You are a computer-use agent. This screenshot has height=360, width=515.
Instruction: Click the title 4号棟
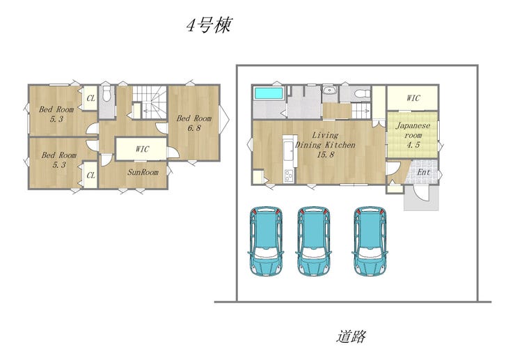pos(209,25)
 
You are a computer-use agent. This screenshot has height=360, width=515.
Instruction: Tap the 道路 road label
pos(351,336)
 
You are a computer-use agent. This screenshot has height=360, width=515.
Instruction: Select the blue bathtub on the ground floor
pos(269,93)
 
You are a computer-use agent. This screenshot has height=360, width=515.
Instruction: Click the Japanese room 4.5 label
pos(413,135)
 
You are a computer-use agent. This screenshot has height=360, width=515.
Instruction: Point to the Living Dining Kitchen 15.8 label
pos(325,145)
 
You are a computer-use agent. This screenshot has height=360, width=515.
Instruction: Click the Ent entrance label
pos(423,172)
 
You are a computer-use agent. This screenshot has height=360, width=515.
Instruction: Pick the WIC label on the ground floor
pos(413,98)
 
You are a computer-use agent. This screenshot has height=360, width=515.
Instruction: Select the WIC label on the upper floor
pos(142,149)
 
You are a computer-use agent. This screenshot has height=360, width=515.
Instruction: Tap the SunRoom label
pos(143,172)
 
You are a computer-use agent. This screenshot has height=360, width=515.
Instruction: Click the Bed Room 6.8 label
pos(193,123)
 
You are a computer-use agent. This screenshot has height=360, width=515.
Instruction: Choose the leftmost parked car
pos(266,241)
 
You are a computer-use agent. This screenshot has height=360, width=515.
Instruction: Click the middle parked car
pos(314,241)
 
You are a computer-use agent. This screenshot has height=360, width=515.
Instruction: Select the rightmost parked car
pos(370,241)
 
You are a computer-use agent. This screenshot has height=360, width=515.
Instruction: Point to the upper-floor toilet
pos(106,94)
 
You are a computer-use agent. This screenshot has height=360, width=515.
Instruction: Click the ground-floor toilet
pos(362,93)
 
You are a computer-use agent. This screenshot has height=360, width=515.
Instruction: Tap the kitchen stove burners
pos(289,176)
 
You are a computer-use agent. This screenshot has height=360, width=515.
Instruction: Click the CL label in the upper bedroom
pos(90,98)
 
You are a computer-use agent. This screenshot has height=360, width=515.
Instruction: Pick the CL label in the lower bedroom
pos(90,175)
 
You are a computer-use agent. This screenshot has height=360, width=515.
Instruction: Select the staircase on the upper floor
pos(150,102)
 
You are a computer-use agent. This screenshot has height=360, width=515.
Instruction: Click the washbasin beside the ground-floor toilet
pos(328,91)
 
